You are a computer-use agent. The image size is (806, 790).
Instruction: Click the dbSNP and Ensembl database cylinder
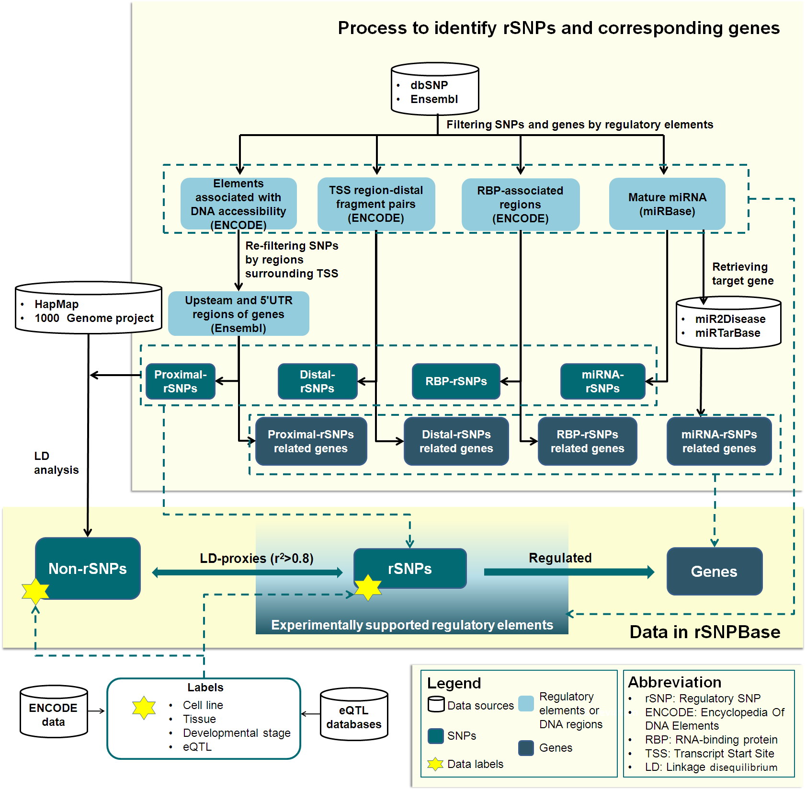435,90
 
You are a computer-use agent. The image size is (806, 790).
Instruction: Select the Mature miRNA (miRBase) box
667,204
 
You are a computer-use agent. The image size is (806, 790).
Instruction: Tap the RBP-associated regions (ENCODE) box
520,205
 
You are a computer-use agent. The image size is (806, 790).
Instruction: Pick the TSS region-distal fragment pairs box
376,204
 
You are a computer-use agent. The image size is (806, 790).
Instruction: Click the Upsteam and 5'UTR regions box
238,314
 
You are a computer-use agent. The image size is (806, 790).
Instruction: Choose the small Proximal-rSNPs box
180,381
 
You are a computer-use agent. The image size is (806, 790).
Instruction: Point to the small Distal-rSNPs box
318,381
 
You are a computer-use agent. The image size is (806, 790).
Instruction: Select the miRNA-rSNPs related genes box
719,441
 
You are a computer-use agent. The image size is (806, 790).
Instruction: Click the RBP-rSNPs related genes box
587,441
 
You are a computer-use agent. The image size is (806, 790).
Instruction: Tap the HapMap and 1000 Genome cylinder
89,308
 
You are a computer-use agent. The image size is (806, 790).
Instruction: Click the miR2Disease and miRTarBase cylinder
728,322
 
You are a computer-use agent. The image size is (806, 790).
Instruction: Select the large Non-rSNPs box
88,568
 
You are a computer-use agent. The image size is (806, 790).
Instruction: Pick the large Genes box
714,571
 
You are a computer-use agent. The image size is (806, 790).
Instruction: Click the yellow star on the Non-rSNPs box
35,591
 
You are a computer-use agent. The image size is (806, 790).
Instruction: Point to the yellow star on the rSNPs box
368,587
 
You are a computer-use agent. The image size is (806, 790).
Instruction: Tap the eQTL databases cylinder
354,714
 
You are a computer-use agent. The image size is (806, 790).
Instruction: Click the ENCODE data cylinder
54,712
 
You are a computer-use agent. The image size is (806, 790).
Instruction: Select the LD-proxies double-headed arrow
247,572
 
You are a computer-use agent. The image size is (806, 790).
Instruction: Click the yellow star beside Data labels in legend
435,764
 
